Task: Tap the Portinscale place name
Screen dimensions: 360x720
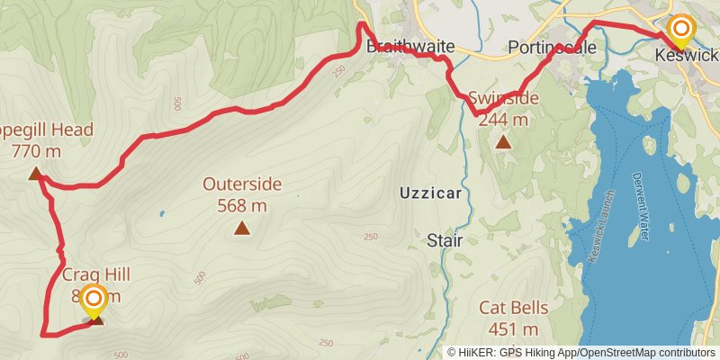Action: pos(552,48)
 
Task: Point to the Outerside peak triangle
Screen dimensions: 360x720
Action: pos(241,229)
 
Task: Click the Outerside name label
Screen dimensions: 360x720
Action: pos(241,184)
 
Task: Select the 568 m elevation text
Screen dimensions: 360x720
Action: pos(241,205)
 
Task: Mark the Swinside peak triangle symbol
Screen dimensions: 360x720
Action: pos(503,142)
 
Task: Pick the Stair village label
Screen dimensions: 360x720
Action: pos(444,239)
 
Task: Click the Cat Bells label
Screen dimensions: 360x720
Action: pos(513,308)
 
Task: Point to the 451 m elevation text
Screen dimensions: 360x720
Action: pos(513,329)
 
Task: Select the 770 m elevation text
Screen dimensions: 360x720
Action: pos(36,151)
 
